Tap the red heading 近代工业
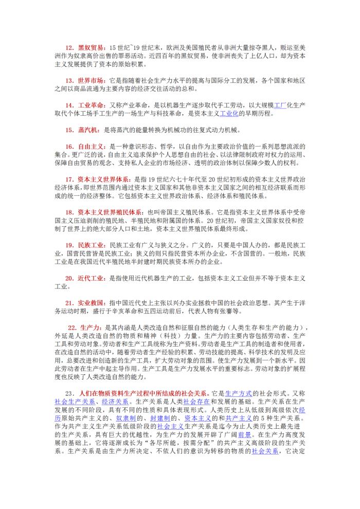(92, 278)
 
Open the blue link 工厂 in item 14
(280, 106)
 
